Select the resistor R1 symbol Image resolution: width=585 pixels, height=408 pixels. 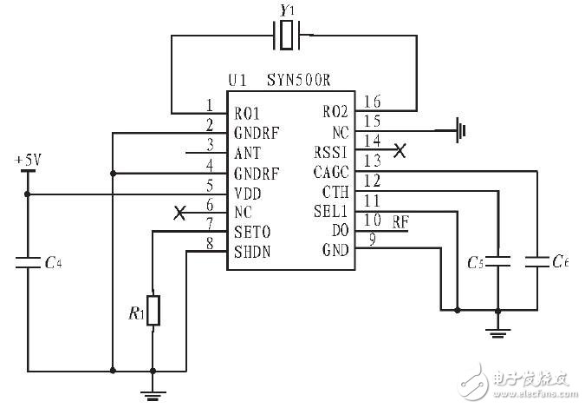point(153,311)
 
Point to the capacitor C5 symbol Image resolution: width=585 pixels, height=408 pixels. point(497,260)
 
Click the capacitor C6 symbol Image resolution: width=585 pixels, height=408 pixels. point(538,260)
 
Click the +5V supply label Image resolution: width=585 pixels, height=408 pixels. point(27,161)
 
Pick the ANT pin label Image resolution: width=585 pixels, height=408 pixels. point(246,152)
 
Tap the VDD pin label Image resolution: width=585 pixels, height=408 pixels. point(247,192)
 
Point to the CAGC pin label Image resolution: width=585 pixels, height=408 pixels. point(329,172)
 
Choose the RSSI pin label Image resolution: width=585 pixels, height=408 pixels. point(329,152)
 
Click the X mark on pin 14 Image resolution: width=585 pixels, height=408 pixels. point(399,151)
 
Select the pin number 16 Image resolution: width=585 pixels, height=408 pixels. point(371,102)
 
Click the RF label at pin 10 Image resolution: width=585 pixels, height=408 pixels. point(401,221)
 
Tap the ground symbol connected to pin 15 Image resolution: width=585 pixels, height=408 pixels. point(461,131)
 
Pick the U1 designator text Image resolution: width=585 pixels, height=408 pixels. point(238,81)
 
